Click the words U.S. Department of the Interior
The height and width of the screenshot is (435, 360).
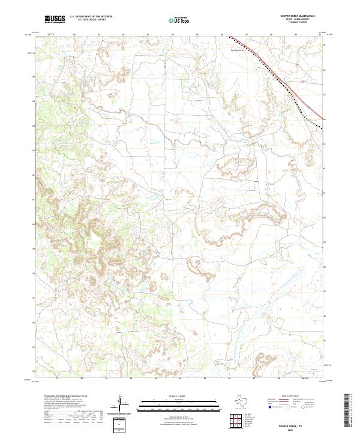coord(91,16)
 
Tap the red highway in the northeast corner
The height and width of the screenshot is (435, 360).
coord(282,72)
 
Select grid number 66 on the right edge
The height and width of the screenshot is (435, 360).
coord(325,70)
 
